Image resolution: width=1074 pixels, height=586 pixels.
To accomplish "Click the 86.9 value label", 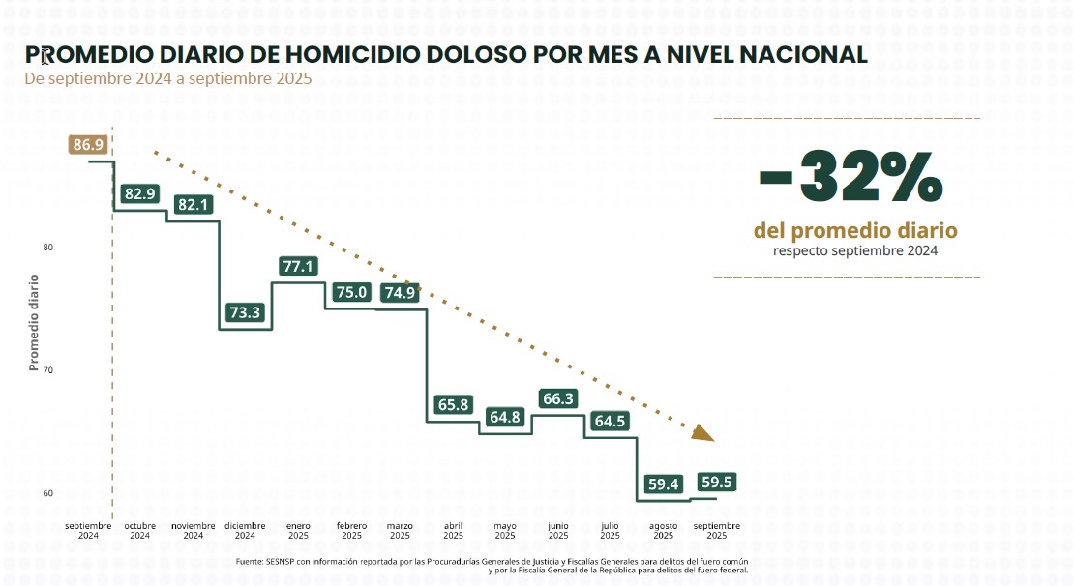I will (87, 145).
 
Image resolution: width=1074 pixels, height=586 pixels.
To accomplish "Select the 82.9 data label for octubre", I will (139, 193).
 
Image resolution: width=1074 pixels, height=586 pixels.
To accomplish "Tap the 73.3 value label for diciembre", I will (245, 312).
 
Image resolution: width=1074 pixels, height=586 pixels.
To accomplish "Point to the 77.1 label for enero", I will (298, 266).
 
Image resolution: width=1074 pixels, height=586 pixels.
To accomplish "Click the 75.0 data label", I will (350, 292).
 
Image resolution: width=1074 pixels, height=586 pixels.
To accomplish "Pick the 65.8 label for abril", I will (453, 405).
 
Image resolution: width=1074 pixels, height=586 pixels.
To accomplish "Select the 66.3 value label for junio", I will (558, 398).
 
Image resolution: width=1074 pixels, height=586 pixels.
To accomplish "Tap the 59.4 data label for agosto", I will (663, 483).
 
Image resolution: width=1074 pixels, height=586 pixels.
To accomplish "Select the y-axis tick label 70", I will (47, 370).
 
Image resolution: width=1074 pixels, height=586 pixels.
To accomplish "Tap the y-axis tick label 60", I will (47, 493).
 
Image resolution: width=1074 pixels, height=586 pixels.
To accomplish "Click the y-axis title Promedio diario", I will (35, 323).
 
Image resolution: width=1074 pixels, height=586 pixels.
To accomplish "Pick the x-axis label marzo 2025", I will (400, 530).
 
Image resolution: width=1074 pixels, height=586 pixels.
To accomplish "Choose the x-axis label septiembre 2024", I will (89, 530).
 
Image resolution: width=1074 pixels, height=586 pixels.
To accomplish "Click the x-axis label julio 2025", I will (610, 530).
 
